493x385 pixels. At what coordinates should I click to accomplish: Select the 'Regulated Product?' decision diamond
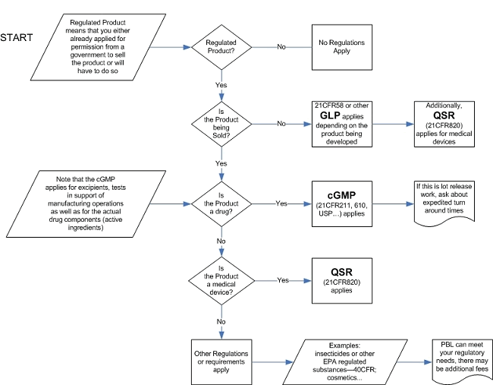[222, 48]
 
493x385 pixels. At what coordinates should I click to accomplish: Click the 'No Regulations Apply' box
[342, 47]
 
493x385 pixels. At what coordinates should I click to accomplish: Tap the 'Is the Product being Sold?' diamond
[222, 123]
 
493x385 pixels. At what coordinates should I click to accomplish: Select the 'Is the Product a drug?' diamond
[222, 204]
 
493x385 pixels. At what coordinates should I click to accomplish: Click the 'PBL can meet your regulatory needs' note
[461, 358]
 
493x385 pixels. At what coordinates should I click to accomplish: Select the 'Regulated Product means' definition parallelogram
[96, 48]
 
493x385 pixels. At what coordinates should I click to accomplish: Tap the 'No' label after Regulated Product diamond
[281, 47]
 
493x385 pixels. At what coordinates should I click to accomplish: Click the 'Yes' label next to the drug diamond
[282, 204]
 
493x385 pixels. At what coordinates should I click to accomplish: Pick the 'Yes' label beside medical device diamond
[282, 280]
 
